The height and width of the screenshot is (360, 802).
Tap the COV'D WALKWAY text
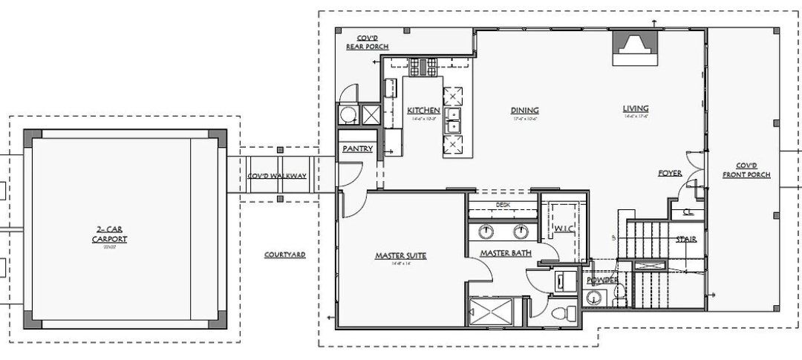(x=274, y=177)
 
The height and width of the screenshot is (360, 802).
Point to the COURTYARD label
(x=285, y=255)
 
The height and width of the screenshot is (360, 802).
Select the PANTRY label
(x=357, y=148)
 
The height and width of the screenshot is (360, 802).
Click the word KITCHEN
(x=423, y=111)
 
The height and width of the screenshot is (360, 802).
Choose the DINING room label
(x=524, y=111)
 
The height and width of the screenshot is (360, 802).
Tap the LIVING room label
(x=637, y=108)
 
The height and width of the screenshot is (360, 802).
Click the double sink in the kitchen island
(x=453, y=119)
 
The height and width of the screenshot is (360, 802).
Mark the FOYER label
(x=670, y=173)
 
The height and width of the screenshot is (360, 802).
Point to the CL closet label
(x=688, y=212)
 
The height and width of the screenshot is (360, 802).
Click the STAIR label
(x=685, y=239)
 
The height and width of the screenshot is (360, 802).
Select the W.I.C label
(x=562, y=228)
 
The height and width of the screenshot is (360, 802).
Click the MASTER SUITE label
(x=400, y=256)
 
